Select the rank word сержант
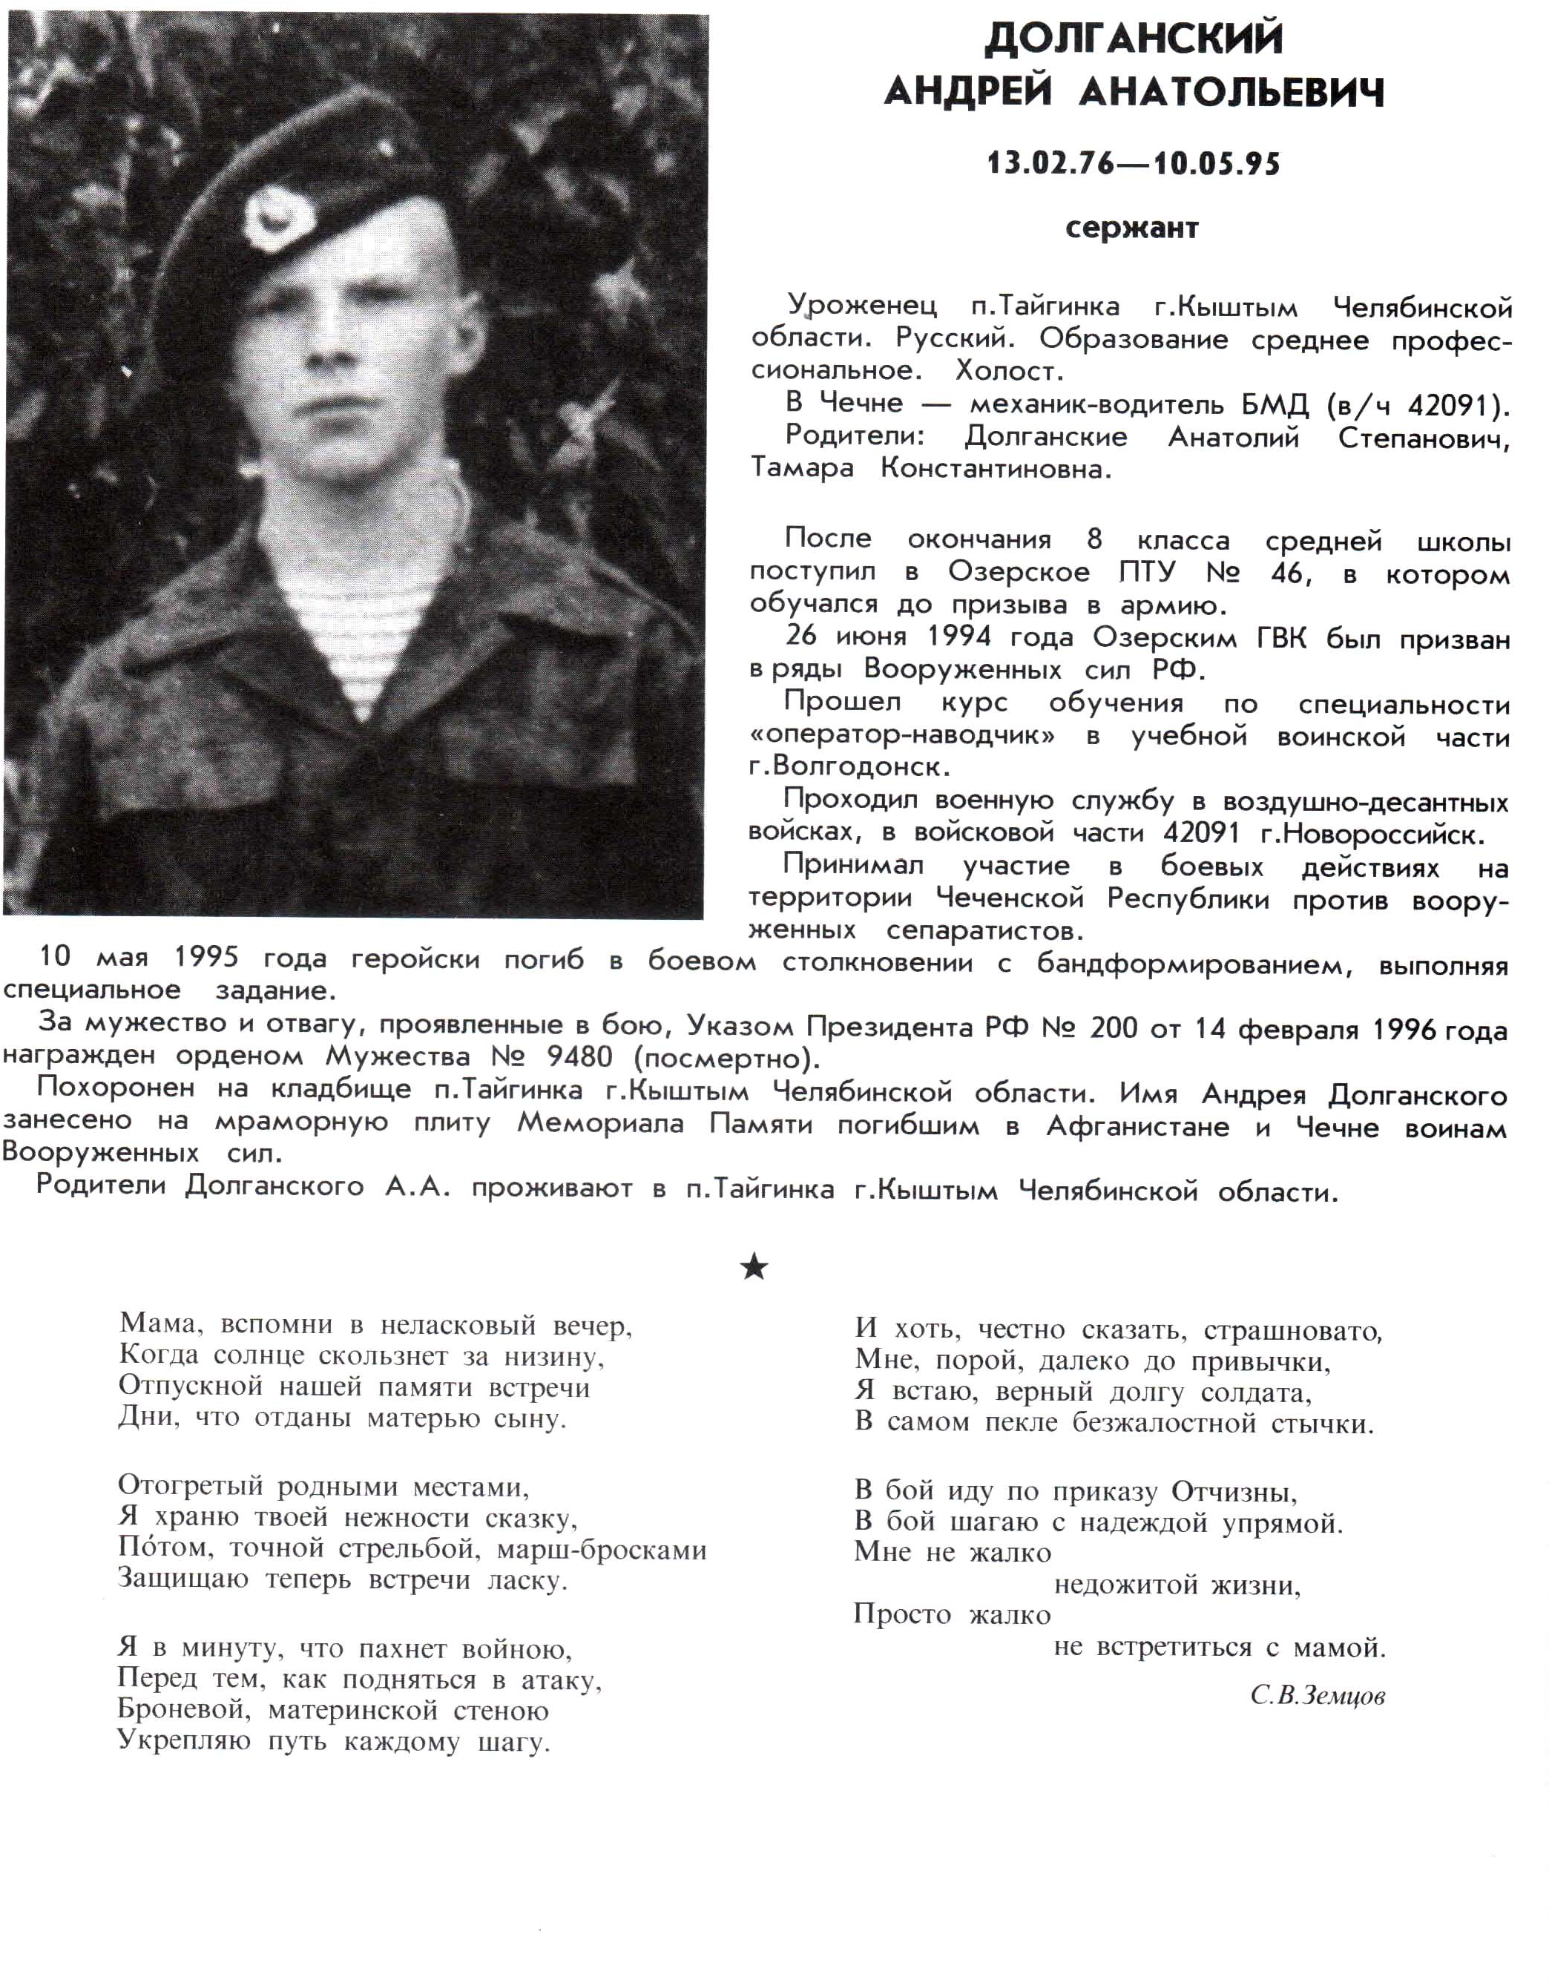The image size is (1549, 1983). click(x=1132, y=228)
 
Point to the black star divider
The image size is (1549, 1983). click(x=754, y=1266)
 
